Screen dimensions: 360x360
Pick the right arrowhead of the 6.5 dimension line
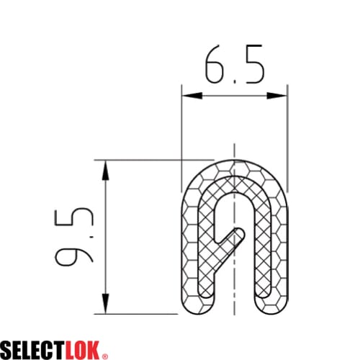click(282, 96)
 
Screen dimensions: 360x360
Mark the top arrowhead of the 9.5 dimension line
click(106, 167)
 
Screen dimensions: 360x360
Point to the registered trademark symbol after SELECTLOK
click(106, 355)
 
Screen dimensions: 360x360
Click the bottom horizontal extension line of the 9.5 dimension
click(137, 313)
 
